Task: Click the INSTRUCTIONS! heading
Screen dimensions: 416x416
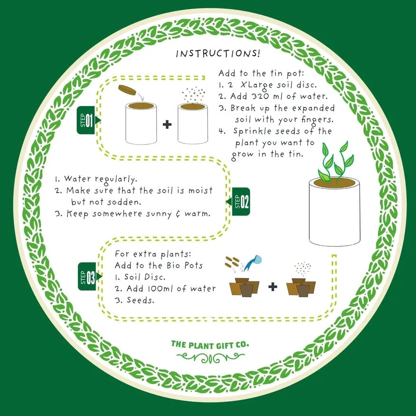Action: (218, 53)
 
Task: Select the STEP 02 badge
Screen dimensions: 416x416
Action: (238, 202)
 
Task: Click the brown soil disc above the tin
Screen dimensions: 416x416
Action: (127, 89)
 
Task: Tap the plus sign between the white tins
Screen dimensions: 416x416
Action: (167, 124)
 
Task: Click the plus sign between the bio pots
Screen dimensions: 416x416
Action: (273, 287)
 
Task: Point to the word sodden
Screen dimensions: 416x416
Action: (124, 202)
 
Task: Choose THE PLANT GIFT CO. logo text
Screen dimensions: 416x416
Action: (210, 345)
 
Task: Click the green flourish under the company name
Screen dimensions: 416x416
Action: (210, 358)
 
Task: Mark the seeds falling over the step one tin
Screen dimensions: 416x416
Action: (193, 95)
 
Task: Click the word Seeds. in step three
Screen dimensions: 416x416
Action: (140, 300)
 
